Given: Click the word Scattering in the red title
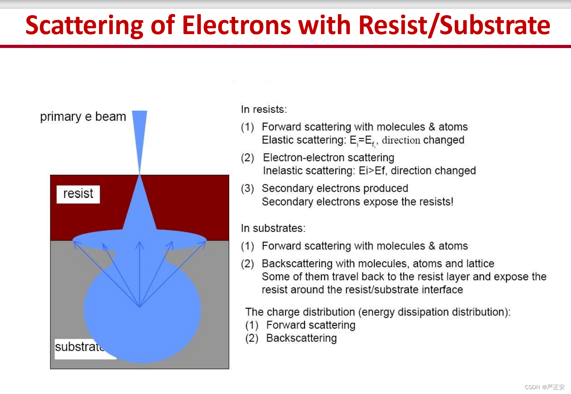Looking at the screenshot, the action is pyautogui.click(x=85, y=26).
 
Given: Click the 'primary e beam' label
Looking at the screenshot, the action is pyautogui.click(x=83, y=117).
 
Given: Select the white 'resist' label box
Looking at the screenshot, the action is pyautogui.click(x=78, y=194).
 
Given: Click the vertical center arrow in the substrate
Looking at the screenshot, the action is pyautogui.click(x=139, y=274).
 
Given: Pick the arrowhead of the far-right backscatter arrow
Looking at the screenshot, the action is pyautogui.click(x=203, y=244).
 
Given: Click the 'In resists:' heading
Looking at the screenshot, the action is pyautogui.click(x=264, y=109).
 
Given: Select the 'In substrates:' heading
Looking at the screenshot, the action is pyautogui.click(x=273, y=228).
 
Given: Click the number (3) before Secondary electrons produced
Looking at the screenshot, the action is pyautogui.click(x=247, y=188).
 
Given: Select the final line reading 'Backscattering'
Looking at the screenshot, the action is pyautogui.click(x=301, y=338).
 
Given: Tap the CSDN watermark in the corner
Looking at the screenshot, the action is pyautogui.click(x=545, y=387).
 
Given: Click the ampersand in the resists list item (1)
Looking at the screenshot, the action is pyautogui.click(x=431, y=127).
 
